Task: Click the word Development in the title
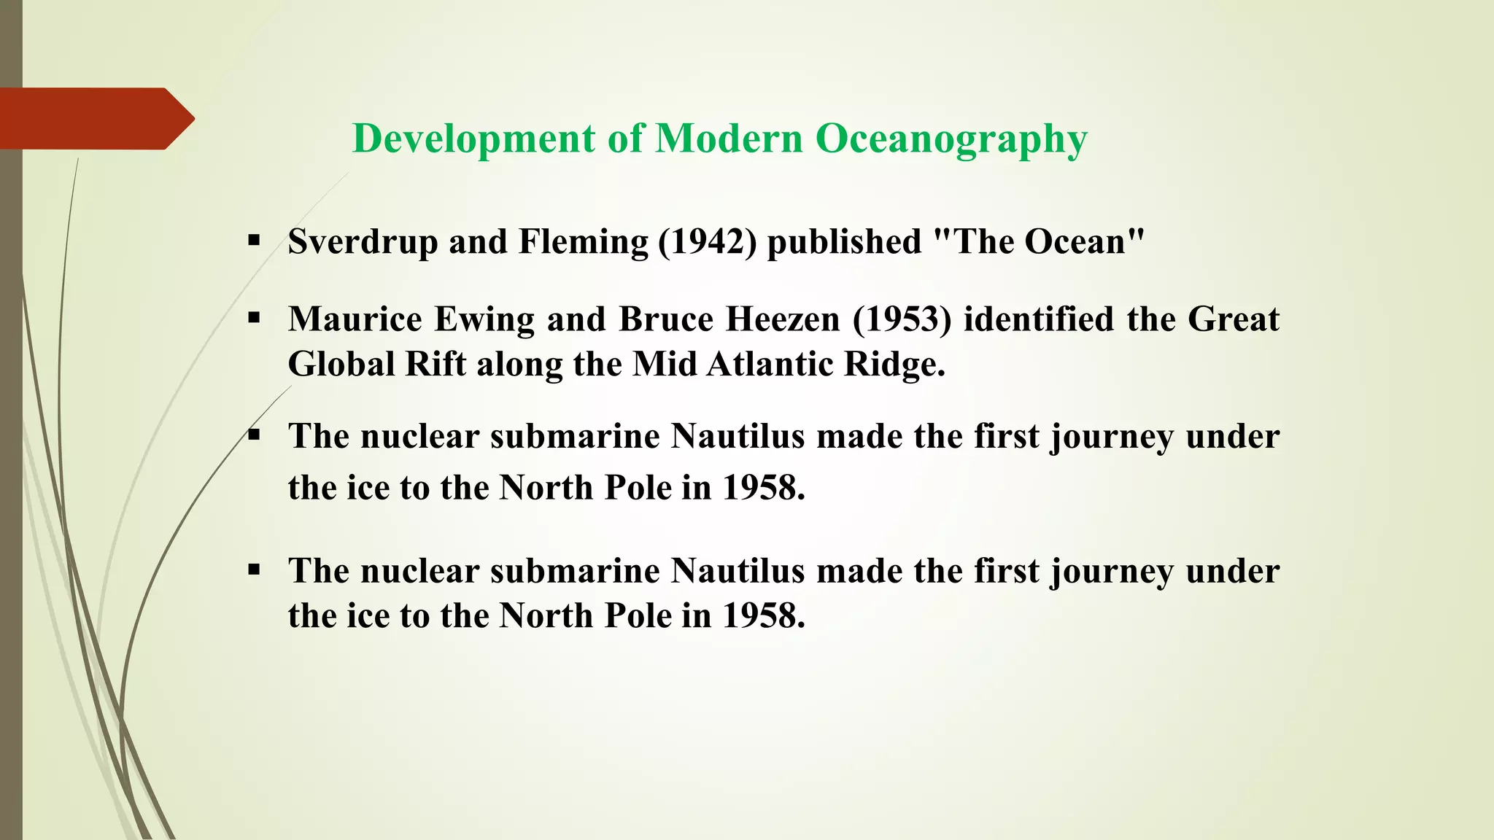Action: (473, 139)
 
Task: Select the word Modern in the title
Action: (729, 139)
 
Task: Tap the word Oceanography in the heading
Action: (951, 139)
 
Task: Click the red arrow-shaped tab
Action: (95, 118)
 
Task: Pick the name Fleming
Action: (583, 242)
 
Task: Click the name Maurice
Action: (355, 319)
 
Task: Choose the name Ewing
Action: (485, 319)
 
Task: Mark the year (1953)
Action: (902, 319)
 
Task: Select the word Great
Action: (1233, 319)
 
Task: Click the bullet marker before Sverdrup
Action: (254, 241)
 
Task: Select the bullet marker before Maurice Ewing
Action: (254, 318)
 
